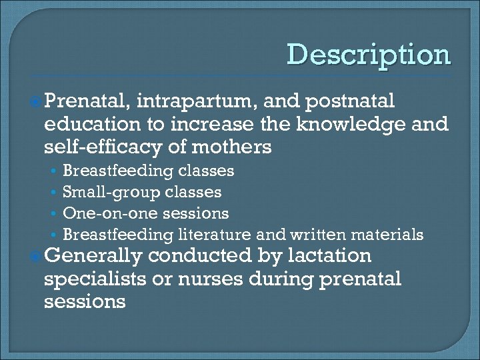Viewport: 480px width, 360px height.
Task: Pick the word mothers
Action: click(x=231, y=147)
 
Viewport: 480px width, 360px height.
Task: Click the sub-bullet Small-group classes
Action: click(x=141, y=193)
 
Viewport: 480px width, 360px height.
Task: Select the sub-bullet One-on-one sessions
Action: click(x=145, y=214)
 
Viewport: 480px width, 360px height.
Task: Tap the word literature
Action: click(x=214, y=235)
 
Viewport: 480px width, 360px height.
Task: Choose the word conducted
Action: click(x=201, y=256)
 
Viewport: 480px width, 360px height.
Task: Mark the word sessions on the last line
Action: click(x=84, y=301)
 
